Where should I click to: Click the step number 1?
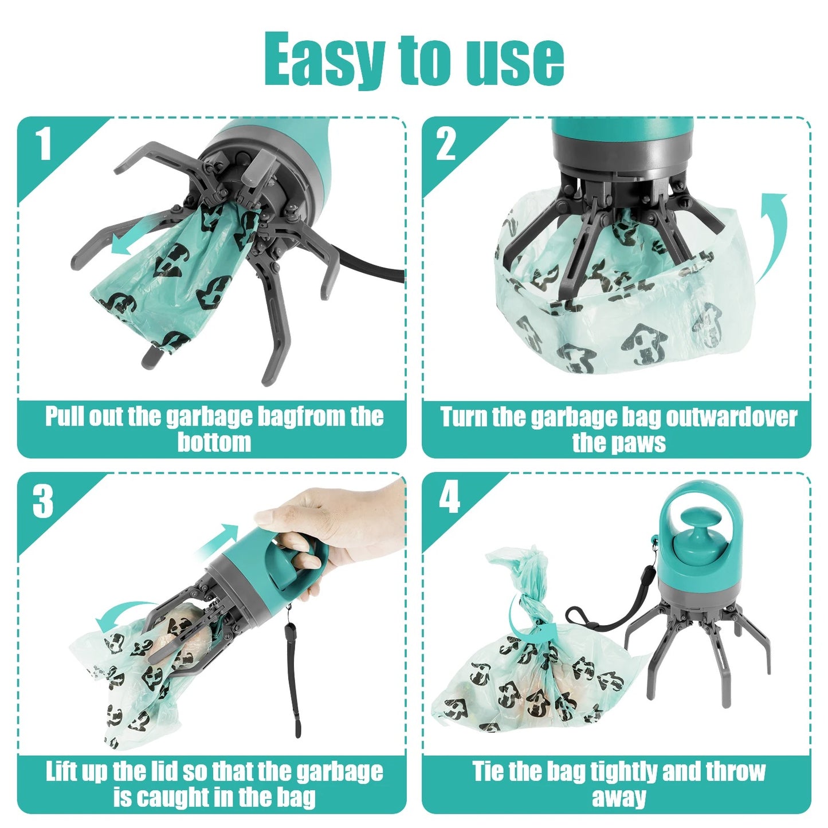[44, 144]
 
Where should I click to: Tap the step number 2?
[446, 144]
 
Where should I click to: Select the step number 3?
[43, 501]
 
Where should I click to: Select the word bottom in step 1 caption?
[214, 442]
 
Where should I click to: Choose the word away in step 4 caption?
[618, 797]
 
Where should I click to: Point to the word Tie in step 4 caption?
[488, 771]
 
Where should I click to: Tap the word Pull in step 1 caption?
[64, 417]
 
